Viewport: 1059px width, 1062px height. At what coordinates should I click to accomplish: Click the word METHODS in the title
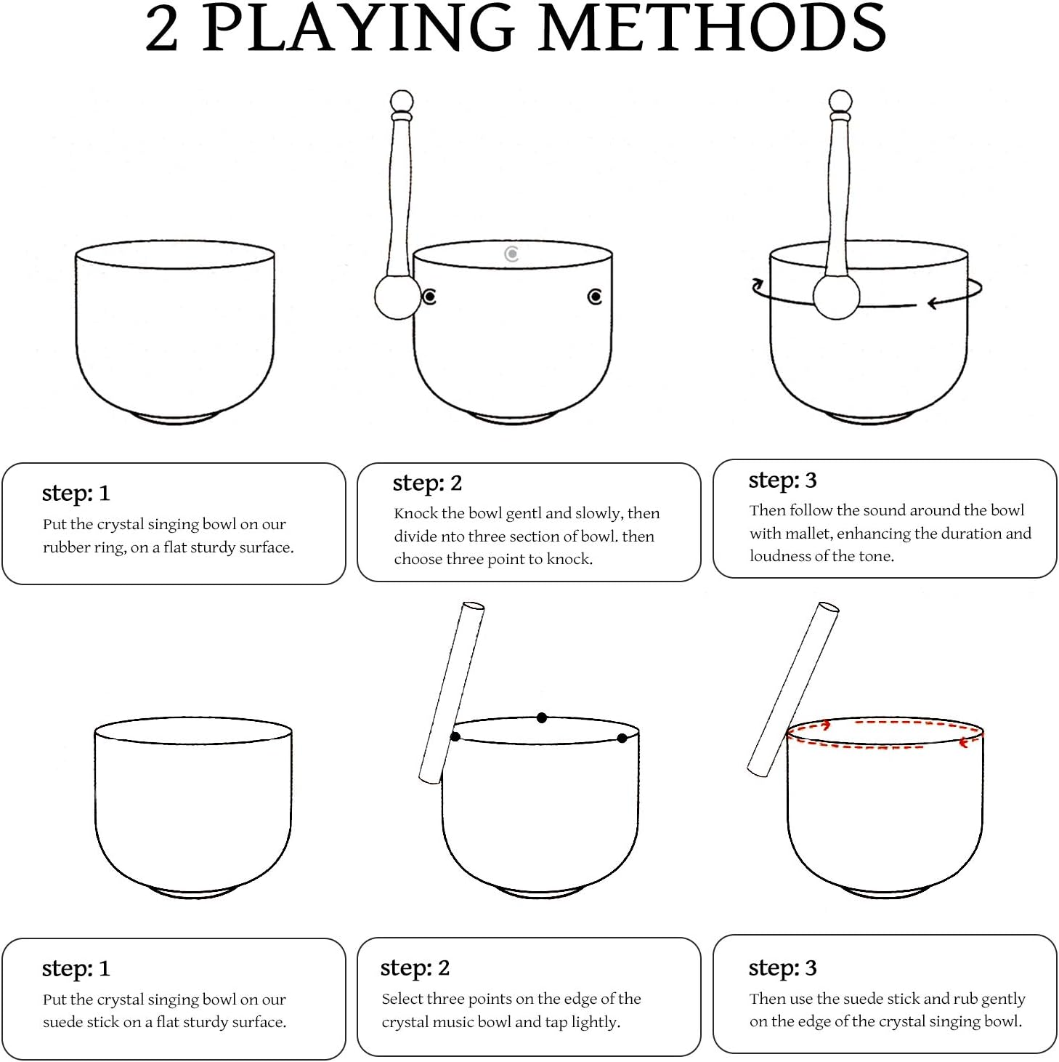point(713,28)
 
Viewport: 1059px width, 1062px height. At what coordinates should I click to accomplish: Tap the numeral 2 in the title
point(161,31)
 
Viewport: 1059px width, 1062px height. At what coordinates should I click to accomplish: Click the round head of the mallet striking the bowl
point(397,297)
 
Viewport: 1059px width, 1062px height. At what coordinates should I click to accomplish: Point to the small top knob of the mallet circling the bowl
point(840,102)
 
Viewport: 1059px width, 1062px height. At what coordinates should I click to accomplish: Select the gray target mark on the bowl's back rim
point(511,254)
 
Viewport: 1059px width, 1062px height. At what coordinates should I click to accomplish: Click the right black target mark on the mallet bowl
point(595,297)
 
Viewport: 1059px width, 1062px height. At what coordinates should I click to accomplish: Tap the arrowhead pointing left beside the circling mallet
point(933,303)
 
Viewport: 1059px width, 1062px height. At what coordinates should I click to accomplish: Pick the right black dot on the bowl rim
point(622,738)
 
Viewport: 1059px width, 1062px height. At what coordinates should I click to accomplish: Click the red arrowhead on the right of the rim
point(964,744)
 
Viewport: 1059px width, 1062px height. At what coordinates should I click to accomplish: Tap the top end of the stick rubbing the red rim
point(828,607)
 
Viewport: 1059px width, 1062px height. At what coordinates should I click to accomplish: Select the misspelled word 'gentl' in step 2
point(523,514)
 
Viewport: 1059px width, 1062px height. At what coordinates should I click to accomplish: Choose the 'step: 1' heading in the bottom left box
point(76,968)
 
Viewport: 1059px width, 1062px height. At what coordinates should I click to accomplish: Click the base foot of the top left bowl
point(175,419)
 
